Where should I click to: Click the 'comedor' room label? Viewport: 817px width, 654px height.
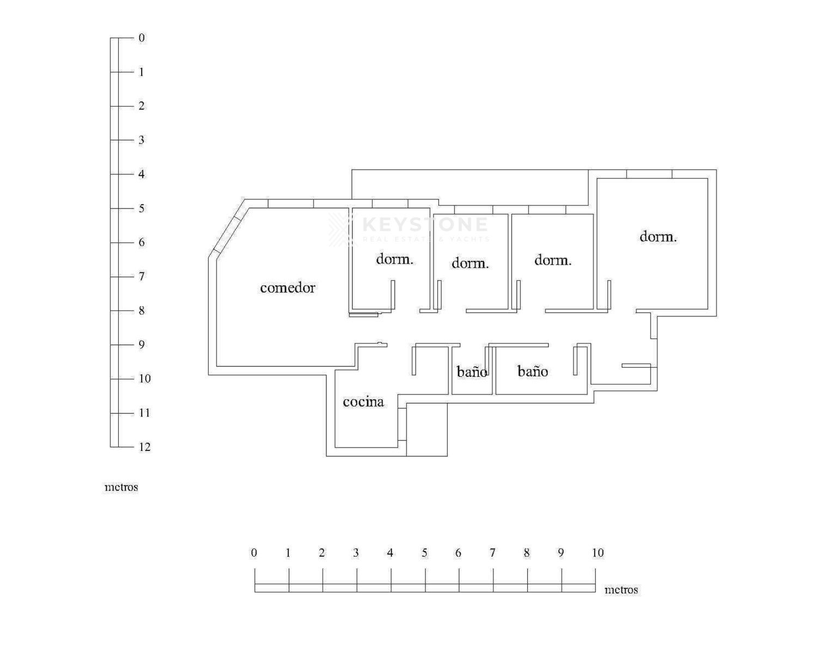point(288,288)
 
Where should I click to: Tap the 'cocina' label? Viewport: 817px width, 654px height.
point(363,401)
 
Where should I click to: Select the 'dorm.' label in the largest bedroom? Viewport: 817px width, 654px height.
point(658,237)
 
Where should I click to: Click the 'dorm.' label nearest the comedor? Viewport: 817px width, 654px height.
point(394,259)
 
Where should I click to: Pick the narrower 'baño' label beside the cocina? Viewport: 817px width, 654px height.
point(472,371)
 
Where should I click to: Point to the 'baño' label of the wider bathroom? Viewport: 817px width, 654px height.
point(533,371)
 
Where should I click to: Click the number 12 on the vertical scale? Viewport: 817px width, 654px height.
point(145,447)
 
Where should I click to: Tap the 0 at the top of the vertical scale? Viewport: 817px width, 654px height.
point(142,38)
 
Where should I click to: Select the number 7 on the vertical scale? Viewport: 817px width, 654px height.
point(142,276)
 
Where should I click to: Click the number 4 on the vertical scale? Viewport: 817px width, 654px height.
point(142,174)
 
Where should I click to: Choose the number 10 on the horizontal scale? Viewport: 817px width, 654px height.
point(597,553)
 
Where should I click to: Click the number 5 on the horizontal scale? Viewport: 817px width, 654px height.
point(424,553)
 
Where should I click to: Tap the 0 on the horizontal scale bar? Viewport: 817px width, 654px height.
point(254,553)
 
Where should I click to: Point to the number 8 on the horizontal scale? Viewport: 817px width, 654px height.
point(527,553)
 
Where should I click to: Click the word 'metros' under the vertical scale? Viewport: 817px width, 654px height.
point(121,487)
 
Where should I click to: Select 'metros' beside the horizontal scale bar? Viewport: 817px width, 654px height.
point(621,590)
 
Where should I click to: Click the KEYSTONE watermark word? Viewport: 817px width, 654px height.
point(425,224)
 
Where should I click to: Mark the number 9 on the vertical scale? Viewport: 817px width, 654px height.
point(142,345)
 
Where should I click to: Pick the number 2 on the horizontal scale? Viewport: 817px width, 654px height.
point(322,553)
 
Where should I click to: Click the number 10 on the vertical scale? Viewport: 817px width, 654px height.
point(145,378)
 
